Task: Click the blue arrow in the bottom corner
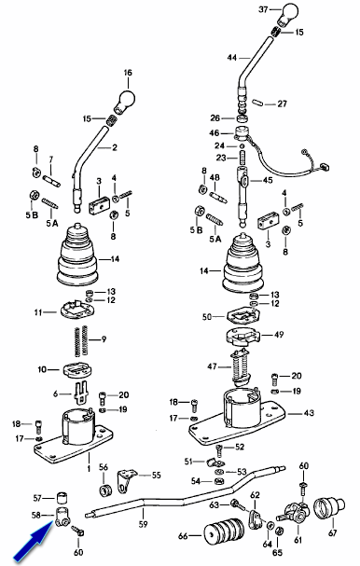[32, 544]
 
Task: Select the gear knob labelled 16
[124, 99]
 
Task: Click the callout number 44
[232, 58]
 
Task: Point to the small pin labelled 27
[256, 103]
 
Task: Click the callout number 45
[268, 180]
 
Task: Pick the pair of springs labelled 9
[82, 339]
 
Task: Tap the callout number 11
[38, 312]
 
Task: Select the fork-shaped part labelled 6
[82, 392]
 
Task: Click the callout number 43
[309, 412]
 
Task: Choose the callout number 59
[144, 523]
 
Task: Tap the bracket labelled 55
[126, 479]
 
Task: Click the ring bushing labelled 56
[105, 490]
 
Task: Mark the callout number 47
[212, 366]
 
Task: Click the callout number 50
[207, 317]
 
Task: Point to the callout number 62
[255, 494]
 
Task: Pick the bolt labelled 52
[219, 451]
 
